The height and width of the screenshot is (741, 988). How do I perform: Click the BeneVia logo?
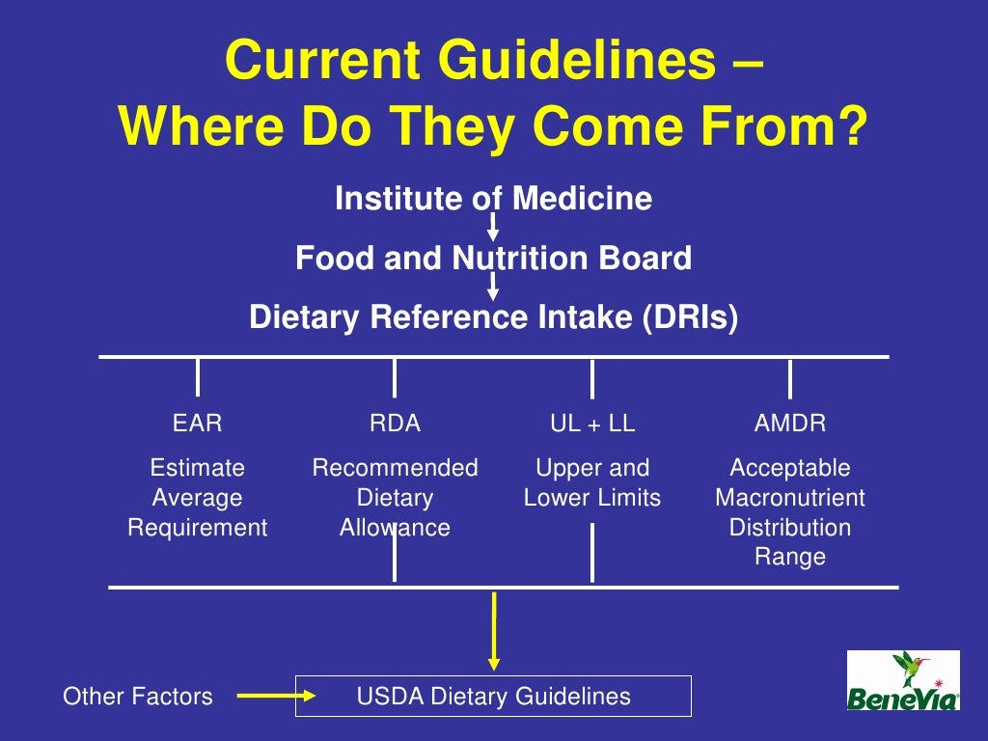903,680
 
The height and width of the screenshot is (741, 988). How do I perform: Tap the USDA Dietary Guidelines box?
493,696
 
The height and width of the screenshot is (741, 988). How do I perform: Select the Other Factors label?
138,696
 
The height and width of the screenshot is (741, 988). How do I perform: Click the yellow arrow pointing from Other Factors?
272,695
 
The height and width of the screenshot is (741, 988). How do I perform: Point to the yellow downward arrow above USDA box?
494,631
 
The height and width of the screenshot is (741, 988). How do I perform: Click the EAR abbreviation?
197,424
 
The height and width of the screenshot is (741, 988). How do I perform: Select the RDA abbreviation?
395,424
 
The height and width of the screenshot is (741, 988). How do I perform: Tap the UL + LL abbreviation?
592,424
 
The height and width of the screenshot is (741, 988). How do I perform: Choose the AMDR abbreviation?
790,424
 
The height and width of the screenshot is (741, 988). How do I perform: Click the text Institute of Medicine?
493,199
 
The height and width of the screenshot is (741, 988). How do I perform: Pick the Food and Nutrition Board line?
493,259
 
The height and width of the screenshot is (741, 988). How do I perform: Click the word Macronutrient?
790,498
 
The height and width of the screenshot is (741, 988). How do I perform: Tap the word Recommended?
395,468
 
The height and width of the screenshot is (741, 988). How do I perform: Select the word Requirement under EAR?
198,528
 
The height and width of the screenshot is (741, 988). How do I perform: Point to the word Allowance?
395,528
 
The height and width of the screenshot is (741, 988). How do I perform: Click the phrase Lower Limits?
592,498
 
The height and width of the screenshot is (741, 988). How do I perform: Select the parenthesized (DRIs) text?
690,317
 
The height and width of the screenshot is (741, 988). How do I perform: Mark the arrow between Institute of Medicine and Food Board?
493,229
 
